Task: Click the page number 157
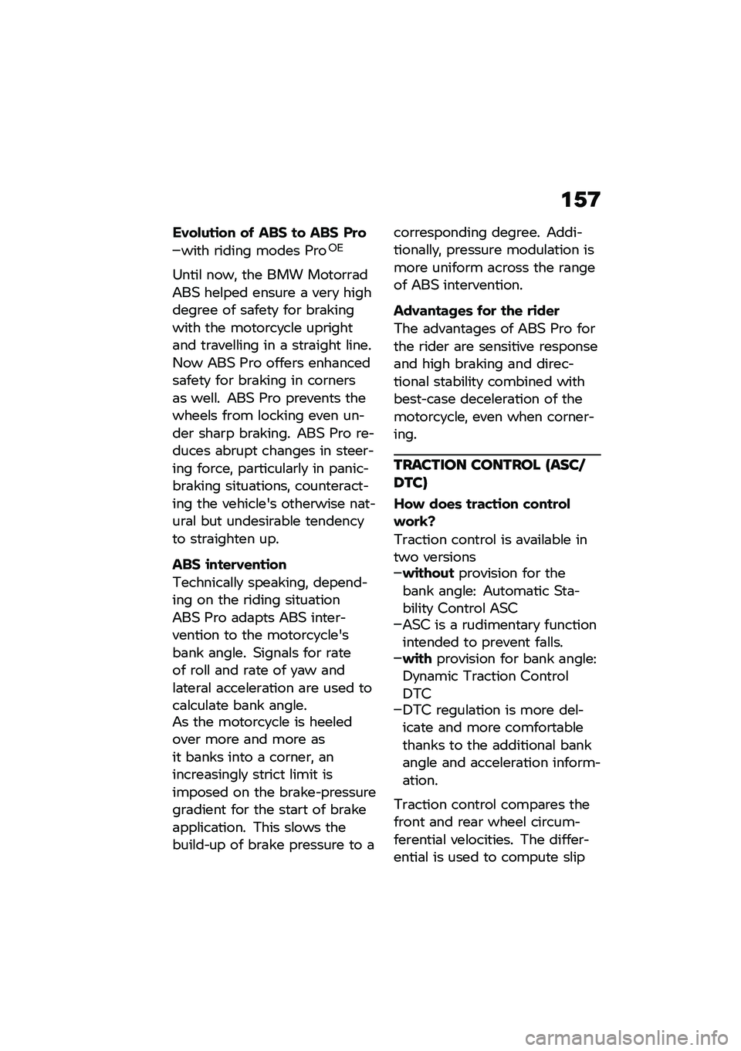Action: click(x=580, y=201)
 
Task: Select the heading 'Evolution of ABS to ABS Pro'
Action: click(x=269, y=232)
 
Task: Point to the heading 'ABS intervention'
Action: click(x=230, y=564)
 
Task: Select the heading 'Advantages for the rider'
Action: click(x=476, y=311)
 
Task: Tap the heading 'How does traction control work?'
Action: click(x=482, y=512)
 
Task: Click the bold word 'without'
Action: click(x=428, y=573)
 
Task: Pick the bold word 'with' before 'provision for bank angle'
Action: click(x=417, y=659)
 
